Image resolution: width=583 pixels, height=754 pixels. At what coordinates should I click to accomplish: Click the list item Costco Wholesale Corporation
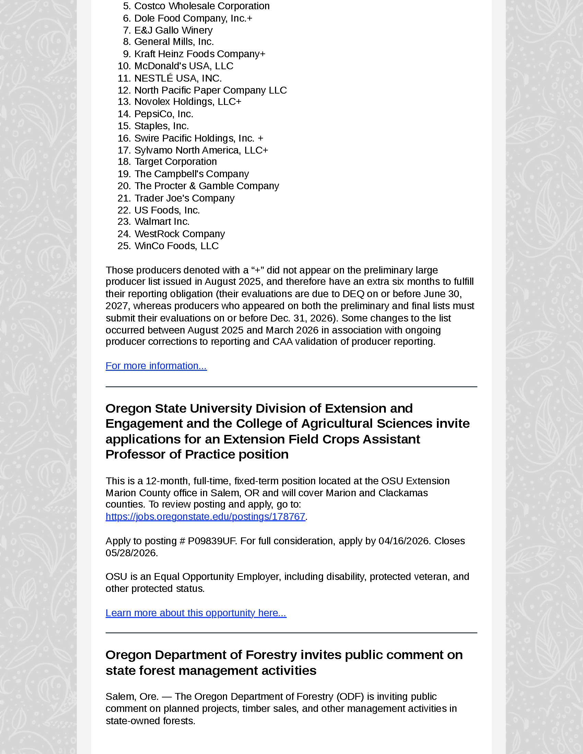[202, 6]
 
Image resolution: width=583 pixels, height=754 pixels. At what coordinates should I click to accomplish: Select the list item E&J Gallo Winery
[173, 30]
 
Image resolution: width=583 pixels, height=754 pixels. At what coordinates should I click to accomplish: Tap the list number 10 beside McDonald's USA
[123, 66]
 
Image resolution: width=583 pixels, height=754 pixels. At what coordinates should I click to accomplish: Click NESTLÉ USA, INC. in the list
[178, 78]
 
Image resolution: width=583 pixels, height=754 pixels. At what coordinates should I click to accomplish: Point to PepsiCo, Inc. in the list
[163, 114]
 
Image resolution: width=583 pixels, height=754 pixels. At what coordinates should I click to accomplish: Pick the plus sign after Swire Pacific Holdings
[260, 138]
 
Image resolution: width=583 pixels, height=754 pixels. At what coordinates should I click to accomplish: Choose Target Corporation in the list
[176, 161]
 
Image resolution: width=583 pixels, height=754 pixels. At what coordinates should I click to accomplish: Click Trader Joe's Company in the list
[184, 198]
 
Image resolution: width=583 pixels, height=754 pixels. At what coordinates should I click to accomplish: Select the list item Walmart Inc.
[162, 222]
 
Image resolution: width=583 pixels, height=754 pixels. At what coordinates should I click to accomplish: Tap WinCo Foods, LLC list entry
[176, 246]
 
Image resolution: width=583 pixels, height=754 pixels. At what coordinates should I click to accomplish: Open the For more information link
[156, 366]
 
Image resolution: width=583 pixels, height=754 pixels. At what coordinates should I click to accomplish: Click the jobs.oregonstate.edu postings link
[205, 516]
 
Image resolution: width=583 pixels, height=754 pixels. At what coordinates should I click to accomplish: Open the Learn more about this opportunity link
[196, 613]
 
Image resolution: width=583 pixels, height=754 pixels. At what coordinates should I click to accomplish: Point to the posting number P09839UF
[211, 541]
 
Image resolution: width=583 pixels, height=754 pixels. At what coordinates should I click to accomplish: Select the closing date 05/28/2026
[131, 553]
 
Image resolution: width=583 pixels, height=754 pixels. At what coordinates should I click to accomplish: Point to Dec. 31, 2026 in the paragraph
[297, 318]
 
